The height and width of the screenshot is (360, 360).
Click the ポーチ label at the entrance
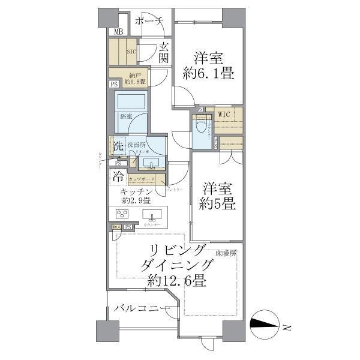(x=149, y=22)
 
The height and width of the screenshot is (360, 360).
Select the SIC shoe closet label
(x=131, y=52)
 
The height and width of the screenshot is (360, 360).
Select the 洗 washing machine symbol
(x=118, y=145)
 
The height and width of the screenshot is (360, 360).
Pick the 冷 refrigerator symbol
(x=118, y=178)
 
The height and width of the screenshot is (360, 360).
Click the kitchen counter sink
(x=154, y=217)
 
